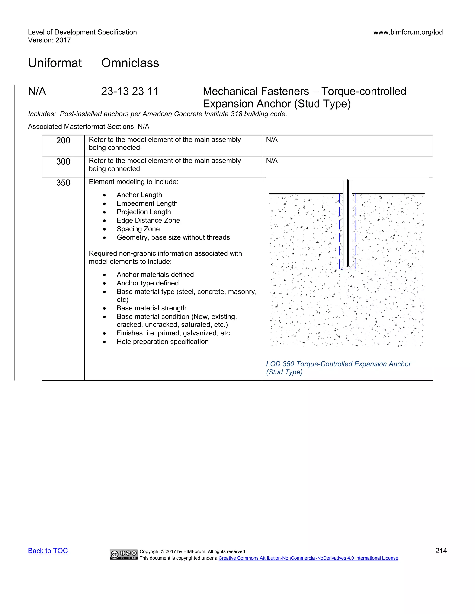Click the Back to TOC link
point(48,551)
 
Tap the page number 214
point(441,551)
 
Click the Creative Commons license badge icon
point(124,554)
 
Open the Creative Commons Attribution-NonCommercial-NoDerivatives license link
point(308,558)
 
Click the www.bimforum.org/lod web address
point(408,32)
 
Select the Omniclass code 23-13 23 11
point(130,91)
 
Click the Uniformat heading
point(55,63)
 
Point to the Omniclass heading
point(130,63)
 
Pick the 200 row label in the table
point(63,141)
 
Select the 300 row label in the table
point(63,162)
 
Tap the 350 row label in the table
point(63,183)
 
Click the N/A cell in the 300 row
point(272,161)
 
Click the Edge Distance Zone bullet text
point(148,220)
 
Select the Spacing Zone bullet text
point(138,229)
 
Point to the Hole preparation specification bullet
point(162,342)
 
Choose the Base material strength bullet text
point(151,308)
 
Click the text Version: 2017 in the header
point(49,40)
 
